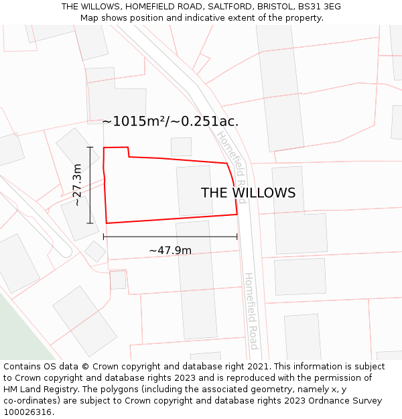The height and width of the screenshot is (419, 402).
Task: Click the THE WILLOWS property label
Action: [x=248, y=193]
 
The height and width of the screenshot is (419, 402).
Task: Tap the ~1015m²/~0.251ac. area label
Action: [x=170, y=121]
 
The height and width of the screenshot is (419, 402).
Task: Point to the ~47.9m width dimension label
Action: [x=170, y=251]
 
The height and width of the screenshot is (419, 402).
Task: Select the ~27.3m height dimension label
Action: [x=78, y=184]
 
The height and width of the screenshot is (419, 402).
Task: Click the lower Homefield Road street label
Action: [x=252, y=310]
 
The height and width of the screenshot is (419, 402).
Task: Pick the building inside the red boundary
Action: [x=194, y=191]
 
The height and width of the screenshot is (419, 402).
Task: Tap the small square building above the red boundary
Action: [x=181, y=147]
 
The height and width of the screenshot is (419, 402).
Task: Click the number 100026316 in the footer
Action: [x=27, y=412]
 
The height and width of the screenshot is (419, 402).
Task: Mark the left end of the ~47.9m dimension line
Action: [x=103, y=236]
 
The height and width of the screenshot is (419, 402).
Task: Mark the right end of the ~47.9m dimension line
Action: [x=237, y=236]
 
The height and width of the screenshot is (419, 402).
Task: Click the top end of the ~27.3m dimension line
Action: [x=90, y=147]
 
